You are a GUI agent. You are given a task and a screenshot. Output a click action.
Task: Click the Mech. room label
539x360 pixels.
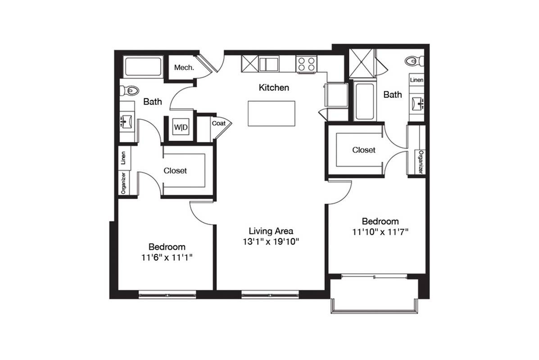click(x=184, y=67)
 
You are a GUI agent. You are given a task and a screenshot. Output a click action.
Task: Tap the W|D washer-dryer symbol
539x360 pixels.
click(x=181, y=127)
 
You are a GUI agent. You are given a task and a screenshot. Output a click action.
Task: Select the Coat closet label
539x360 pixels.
click(x=219, y=123)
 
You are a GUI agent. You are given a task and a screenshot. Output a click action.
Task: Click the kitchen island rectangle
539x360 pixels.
click(x=272, y=113)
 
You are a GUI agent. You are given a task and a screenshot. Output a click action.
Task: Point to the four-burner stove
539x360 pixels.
click(x=306, y=64)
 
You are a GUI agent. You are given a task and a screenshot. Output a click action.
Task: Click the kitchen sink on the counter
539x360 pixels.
click(x=269, y=64)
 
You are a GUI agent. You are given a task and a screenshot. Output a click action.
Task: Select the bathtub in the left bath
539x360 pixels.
click(x=143, y=67)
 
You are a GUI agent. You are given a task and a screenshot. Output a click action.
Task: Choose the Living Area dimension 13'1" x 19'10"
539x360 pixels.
click(x=271, y=242)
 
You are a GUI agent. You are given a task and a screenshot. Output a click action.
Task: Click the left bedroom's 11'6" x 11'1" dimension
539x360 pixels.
click(x=167, y=258)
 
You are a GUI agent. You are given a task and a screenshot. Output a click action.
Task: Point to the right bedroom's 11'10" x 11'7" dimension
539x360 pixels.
click(x=380, y=232)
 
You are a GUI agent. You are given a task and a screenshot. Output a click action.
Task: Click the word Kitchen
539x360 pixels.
click(x=274, y=88)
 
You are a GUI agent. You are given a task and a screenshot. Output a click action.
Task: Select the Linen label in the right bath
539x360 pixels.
click(x=417, y=80)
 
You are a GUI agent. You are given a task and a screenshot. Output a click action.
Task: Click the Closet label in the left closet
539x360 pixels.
click(x=175, y=171)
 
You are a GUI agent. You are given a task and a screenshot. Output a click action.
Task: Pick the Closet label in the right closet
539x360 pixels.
click(x=364, y=150)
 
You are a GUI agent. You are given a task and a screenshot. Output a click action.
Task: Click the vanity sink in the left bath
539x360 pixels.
click(x=127, y=121)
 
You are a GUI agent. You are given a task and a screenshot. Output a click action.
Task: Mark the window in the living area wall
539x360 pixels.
click(x=270, y=294)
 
